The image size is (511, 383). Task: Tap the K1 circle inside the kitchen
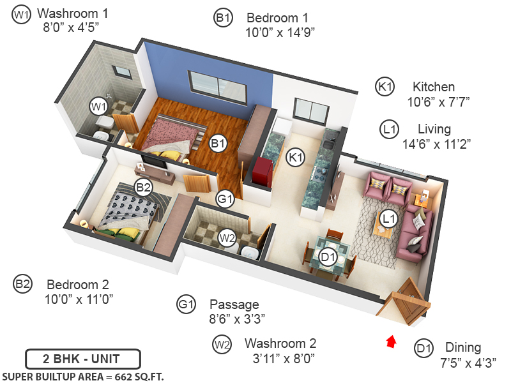point(295,157)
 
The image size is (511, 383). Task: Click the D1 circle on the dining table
point(328,257)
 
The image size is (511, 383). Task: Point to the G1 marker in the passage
point(225,199)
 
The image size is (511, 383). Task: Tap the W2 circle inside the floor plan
point(227,239)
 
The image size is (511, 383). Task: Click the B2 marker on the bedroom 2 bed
point(142,188)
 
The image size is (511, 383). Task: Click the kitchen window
point(310,112)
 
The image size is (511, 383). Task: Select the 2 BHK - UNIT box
point(82,358)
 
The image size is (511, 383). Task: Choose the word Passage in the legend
point(234,304)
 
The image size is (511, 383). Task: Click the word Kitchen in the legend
point(434,87)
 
